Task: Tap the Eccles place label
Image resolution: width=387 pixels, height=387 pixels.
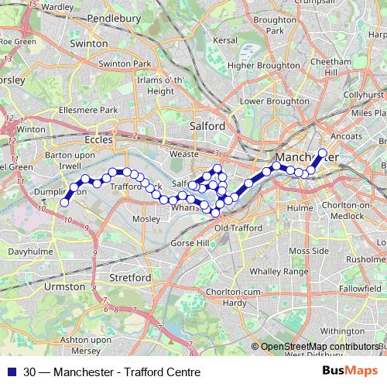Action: [97, 139]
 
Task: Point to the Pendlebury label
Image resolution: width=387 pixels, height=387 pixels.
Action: [141, 16]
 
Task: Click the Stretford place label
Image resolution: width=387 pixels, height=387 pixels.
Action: [130, 276]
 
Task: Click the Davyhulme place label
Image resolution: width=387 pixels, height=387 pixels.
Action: [28, 252]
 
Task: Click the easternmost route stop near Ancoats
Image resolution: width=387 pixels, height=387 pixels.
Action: [323, 152]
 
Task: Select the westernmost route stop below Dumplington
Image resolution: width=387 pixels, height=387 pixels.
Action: [65, 203]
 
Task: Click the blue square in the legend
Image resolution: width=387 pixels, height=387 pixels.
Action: [12, 372]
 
